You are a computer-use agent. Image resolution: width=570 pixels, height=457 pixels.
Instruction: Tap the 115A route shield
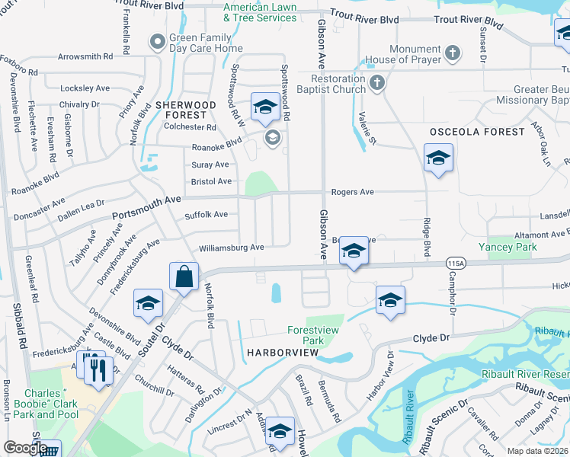coord(456,262)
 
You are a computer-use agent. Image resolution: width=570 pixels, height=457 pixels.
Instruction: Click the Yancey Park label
coord(508,247)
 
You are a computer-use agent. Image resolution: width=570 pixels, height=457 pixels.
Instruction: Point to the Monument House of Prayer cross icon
coord(453,53)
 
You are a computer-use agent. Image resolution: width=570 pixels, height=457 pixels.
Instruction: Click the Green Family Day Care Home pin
coord(158,41)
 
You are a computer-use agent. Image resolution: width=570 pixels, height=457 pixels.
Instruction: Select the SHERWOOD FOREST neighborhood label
coord(186,110)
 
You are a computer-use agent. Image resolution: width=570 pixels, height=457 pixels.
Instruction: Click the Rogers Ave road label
coord(351,192)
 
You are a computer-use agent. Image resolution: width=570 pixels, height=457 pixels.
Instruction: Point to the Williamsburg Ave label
coord(231,248)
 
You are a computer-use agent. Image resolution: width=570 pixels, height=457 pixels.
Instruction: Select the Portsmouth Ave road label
coord(147,202)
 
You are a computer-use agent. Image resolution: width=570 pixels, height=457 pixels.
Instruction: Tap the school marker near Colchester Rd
coord(264,108)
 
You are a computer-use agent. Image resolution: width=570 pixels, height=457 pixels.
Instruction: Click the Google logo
coord(25,448)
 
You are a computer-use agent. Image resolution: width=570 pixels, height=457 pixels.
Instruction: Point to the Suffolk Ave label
coord(206,215)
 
